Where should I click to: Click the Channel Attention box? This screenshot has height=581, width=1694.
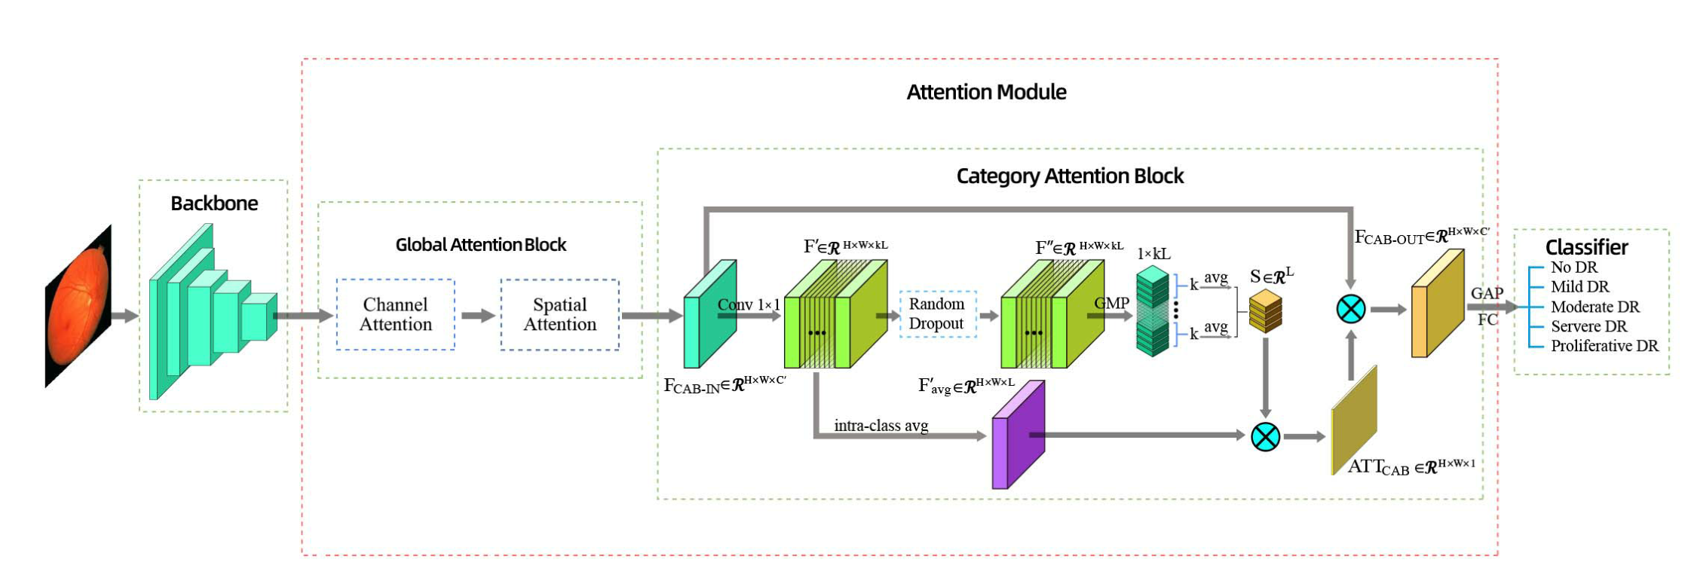[x=395, y=314]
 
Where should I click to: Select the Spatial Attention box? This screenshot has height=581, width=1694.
[x=559, y=314]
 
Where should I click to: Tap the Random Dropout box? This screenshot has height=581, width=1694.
[x=937, y=313]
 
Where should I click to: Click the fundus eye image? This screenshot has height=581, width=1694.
[x=78, y=307]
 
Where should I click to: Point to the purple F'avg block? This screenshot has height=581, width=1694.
[x=1018, y=435]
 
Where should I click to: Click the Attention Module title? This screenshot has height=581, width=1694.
[x=985, y=92]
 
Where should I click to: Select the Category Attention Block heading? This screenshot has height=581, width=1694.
[x=1069, y=176]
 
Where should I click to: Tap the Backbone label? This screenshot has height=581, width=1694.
[x=214, y=203]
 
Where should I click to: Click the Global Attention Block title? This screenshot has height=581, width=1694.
[x=480, y=245]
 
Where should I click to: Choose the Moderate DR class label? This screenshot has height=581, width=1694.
[x=1594, y=307]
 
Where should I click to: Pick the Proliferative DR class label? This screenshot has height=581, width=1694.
[x=1604, y=346]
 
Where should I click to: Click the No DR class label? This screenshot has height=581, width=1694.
[x=1573, y=268]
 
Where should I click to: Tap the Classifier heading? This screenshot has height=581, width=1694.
[x=1586, y=247]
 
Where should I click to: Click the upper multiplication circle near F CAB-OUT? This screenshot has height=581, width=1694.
[x=1350, y=309]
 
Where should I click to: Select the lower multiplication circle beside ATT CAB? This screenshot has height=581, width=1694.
[x=1265, y=436]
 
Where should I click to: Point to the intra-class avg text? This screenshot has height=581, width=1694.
[x=881, y=426]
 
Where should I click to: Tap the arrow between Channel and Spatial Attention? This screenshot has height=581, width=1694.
[x=477, y=315]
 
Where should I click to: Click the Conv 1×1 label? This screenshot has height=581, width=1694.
[x=748, y=304]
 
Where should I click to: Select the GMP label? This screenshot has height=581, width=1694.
[x=1111, y=303]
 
